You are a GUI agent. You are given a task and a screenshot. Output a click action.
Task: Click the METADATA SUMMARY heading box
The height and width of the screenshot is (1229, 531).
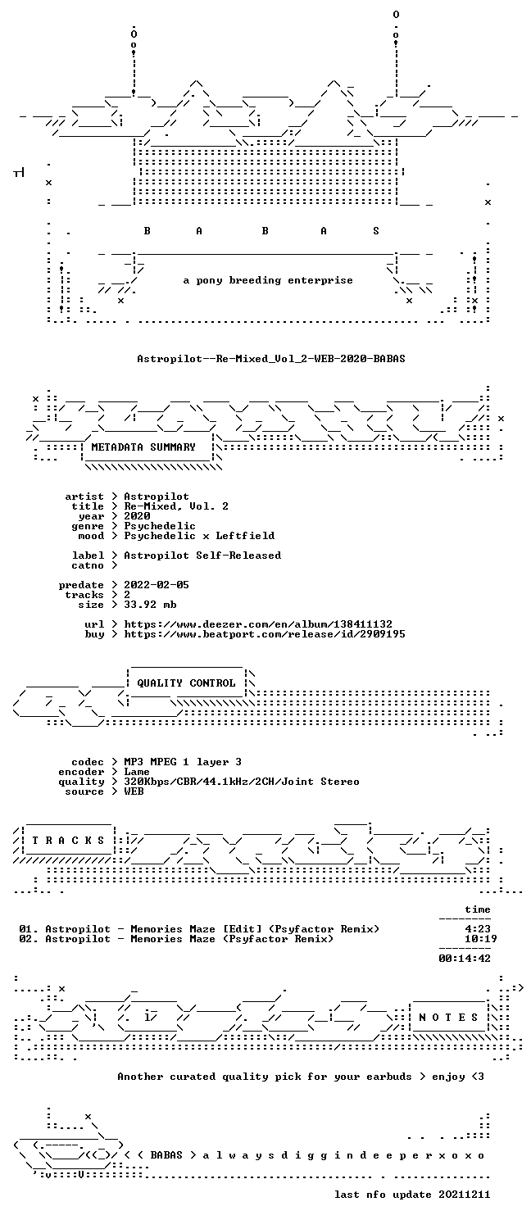(x=143, y=447)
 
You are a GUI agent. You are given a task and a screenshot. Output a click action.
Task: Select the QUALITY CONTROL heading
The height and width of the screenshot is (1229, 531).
(x=186, y=683)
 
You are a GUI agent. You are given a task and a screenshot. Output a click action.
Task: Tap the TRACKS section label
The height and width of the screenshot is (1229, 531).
(x=68, y=841)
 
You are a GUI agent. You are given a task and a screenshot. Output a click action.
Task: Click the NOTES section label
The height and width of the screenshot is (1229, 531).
(x=448, y=1018)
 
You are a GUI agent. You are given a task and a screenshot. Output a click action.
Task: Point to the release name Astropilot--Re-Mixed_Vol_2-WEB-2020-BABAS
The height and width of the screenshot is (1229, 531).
(x=271, y=359)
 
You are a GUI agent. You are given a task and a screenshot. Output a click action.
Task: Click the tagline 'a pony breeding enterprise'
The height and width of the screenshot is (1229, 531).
(x=268, y=280)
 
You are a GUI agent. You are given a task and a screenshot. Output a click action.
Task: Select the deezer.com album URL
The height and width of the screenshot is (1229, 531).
(x=258, y=624)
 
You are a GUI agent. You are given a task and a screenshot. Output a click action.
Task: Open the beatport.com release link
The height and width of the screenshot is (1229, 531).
(x=265, y=634)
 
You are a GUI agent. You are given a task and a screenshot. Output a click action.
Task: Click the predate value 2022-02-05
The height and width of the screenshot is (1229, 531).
(x=157, y=585)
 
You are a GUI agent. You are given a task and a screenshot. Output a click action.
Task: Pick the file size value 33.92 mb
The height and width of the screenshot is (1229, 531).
(x=150, y=605)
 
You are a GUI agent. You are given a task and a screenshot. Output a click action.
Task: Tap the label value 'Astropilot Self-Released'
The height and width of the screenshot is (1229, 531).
(x=202, y=556)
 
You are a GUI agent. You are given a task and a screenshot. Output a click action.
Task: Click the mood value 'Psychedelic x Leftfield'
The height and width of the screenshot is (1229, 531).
(x=199, y=536)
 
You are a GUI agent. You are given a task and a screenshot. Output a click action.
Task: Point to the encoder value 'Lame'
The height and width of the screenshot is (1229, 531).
(x=137, y=772)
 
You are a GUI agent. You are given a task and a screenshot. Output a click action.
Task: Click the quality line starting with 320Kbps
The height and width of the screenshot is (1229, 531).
(x=242, y=782)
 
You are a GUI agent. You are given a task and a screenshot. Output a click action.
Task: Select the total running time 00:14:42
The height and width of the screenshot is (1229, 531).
(x=465, y=959)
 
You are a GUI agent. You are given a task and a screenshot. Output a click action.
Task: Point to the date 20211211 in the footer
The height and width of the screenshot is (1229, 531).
(x=464, y=1195)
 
